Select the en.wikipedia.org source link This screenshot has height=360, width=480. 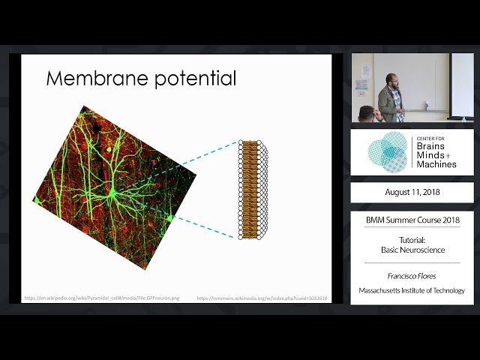[102, 298]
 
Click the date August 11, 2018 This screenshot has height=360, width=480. [412, 192]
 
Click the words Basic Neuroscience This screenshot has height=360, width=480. [412, 250]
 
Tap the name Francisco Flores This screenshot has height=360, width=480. [412, 276]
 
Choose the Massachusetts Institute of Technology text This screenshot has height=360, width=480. [412, 290]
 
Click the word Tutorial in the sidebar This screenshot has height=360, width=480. [412, 239]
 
